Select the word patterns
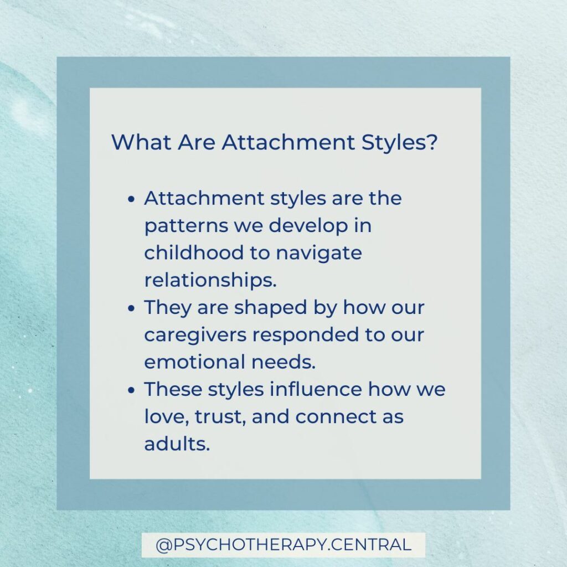186,226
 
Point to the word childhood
194,252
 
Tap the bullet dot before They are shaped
132,308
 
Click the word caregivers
195,335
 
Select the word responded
306,335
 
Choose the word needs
283,361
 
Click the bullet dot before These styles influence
132,390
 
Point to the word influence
316,389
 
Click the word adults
177,444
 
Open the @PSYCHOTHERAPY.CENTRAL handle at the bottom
283,545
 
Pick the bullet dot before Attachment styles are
132,199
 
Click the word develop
308,226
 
